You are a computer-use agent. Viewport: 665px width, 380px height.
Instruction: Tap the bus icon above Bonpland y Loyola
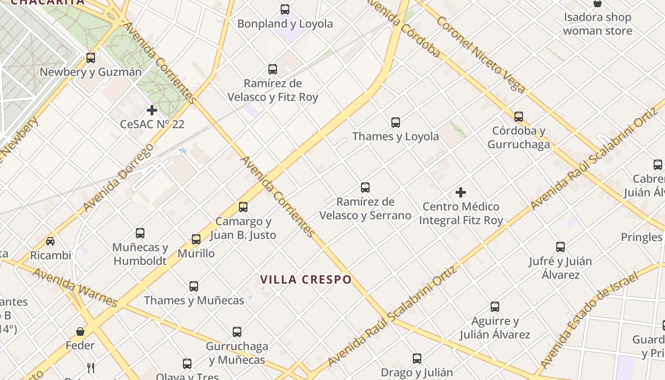tap(285, 9)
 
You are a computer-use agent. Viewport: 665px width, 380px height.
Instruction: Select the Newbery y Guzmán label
tap(90, 72)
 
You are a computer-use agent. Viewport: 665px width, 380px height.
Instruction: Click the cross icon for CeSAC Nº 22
tap(152, 111)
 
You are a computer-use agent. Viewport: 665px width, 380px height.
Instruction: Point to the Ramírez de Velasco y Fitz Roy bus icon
tap(273, 69)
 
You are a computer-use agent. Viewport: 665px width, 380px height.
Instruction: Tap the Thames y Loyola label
tap(395, 137)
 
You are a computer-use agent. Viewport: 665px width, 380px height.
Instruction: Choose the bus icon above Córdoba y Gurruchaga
tap(519, 116)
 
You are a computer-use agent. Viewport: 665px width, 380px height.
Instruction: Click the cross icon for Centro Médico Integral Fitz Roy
tap(461, 192)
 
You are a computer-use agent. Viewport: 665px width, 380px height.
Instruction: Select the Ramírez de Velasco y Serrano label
tap(365, 209)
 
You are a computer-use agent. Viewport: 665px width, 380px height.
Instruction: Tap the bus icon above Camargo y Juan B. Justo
tap(243, 207)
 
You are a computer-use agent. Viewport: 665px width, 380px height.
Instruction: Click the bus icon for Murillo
tap(196, 239)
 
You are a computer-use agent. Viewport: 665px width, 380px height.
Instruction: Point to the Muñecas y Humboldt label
tap(140, 254)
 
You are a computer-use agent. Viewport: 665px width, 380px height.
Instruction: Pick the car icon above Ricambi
tap(50, 241)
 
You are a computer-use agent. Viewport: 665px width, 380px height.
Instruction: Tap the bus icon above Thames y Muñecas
tap(194, 286)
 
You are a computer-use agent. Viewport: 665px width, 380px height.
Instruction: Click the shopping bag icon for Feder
tap(80, 331)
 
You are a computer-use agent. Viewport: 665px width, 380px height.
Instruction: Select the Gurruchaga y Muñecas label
tap(237, 353)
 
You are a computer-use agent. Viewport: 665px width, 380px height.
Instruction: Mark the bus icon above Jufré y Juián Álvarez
tap(560, 247)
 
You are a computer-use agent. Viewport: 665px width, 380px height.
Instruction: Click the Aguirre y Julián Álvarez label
tap(495, 328)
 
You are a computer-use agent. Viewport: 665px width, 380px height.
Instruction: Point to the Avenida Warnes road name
tap(75, 287)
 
